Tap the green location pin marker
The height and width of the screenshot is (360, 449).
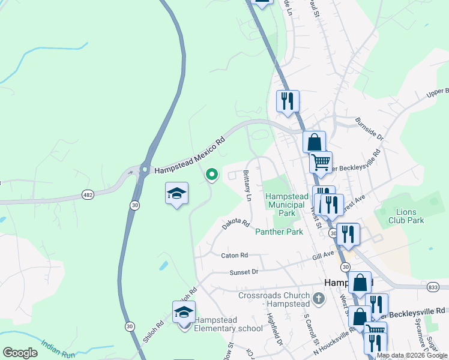click(211, 175)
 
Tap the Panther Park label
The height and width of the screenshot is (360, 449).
click(279, 231)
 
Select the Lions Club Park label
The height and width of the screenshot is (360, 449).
click(410, 216)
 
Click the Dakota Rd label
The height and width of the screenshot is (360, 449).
click(235, 223)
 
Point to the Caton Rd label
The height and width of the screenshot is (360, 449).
click(234, 255)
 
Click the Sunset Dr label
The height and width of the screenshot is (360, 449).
click(243, 272)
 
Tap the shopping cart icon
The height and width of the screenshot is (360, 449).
click(321, 161)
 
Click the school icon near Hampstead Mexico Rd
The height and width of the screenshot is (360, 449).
click(176, 194)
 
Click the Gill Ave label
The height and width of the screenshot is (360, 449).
click(322, 255)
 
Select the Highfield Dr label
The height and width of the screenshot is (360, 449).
click(275, 332)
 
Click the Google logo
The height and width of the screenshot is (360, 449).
click(20, 353)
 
